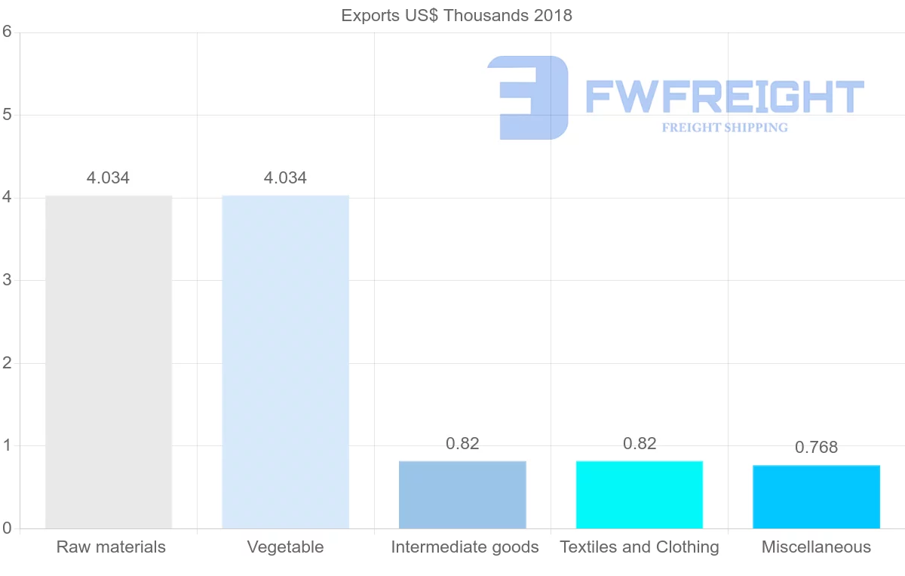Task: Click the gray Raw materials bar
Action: (109, 362)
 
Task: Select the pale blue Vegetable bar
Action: (285, 362)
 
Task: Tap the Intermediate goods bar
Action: (462, 494)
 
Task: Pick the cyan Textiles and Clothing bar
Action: (639, 494)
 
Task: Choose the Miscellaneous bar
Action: (816, 497)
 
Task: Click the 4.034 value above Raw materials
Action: (108, 178)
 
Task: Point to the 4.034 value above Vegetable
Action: (285, 178)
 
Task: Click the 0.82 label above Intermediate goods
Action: (462, 444)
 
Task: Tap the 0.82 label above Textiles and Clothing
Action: (640, 444)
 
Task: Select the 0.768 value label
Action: (816, 448)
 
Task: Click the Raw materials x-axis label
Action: (111, 547)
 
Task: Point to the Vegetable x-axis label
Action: (285, 547)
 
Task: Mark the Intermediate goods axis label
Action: (465, 547)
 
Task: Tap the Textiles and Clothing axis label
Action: (640, 547)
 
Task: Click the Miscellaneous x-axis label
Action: (816, 547)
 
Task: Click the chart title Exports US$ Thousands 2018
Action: (456, 15)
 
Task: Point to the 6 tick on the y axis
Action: (7, 32)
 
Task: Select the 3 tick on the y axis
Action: (7, 280)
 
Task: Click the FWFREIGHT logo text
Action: (724, 97)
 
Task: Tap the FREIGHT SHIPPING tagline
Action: (725, 128)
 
